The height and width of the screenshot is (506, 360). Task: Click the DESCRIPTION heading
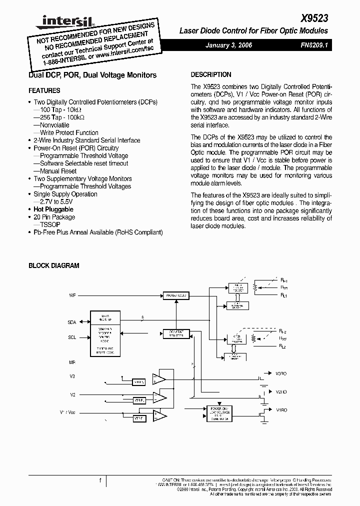(211, 74)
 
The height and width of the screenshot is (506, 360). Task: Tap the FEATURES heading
(44, 90)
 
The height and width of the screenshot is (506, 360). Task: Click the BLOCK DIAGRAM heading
(53, 266)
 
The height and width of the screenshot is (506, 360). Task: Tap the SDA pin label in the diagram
(72, 322)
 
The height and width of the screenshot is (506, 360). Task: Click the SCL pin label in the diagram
(72, 337)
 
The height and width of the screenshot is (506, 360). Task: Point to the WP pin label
(72, 296)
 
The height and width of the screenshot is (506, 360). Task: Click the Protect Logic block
(175, 295)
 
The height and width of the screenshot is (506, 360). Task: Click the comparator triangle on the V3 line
(159, 378)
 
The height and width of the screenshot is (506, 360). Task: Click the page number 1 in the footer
(100, 480)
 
